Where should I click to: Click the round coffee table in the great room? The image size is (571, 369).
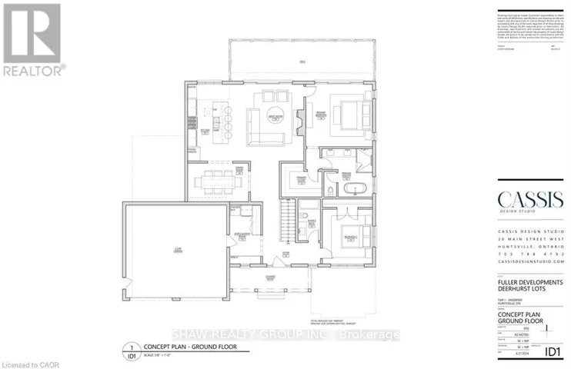pyautogui.click(x=276, y=117)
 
